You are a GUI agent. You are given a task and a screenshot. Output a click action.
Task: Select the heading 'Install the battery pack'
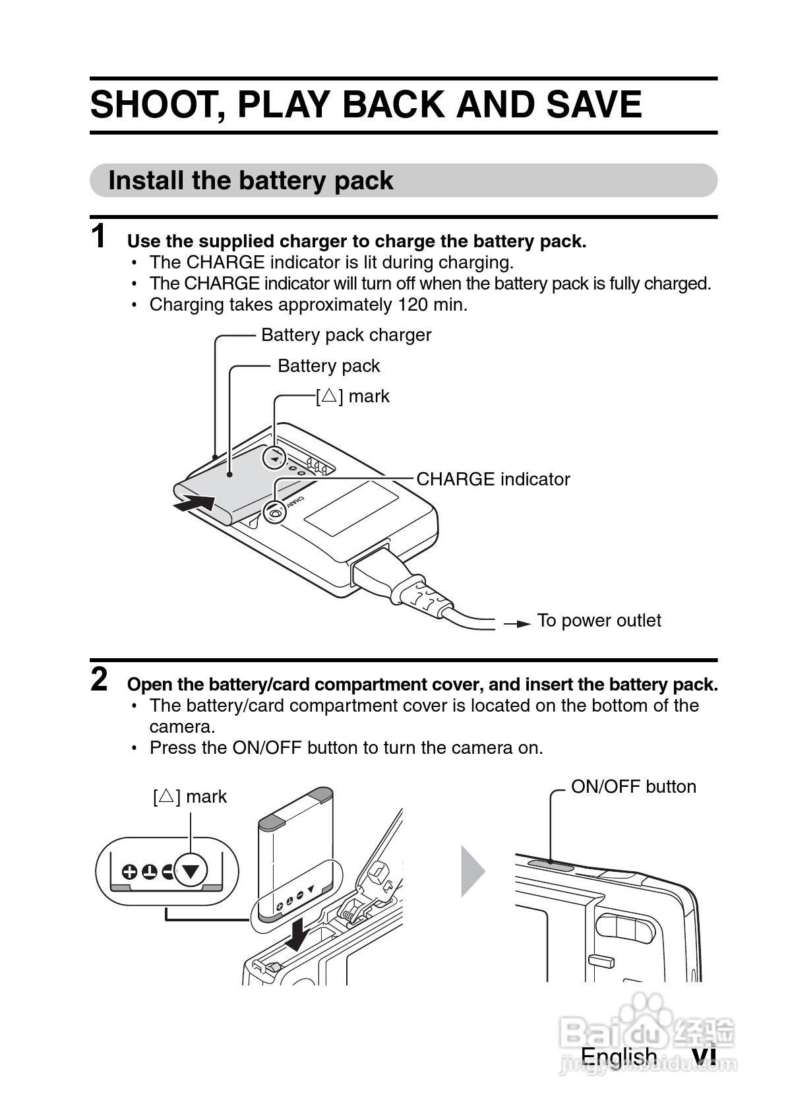coord(251,181)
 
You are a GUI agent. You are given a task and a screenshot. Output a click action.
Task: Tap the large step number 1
coord(98,237)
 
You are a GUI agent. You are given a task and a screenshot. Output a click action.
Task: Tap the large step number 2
coord(99,679)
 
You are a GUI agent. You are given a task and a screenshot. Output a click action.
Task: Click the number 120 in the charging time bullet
coord(412,305)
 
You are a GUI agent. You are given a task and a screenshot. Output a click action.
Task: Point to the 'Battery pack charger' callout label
coord(346,335)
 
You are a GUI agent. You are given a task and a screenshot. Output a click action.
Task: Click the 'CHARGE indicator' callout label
coord(493,479)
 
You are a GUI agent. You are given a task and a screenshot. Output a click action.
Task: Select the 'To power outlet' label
coord(599,621)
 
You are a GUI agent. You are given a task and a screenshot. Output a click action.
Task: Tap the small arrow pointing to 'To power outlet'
coord(518,623)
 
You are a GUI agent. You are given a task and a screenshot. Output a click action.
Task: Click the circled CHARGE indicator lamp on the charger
coord(274,512)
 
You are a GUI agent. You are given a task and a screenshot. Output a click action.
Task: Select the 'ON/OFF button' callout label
coord(633,787)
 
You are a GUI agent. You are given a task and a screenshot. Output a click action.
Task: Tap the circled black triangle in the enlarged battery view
coord(191,871)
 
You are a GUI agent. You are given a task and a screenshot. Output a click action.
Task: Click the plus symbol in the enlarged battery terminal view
coord(130,873)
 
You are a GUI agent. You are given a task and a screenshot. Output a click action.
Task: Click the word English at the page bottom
coord(619,1057)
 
